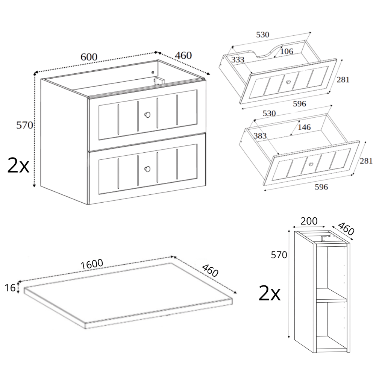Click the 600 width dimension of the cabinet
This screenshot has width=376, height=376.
coord(89,57)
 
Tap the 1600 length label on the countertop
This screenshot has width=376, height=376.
coord(92,264)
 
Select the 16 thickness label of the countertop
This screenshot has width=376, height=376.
coord(10,288)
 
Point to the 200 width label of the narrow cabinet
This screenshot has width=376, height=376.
coord(309,221)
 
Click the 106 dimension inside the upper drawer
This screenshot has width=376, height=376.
coord(287,51)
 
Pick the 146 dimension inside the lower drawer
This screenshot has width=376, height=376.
coord(304,127)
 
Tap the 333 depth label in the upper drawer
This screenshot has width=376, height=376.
coord(238,59)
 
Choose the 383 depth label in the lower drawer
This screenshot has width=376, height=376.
coord(260,136)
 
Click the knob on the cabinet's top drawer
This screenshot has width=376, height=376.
coord(147,115)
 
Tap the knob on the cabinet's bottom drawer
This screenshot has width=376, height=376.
coord(147,169)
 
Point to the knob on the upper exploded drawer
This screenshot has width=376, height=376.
coord(288,82)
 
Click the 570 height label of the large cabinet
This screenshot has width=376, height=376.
coord(24,125)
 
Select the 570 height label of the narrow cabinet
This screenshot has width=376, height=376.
coord(279,255)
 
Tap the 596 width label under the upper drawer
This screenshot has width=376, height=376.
coord(300,104)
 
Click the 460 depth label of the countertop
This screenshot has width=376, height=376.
coord(210,270)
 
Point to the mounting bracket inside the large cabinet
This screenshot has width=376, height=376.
coord(158,81)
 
